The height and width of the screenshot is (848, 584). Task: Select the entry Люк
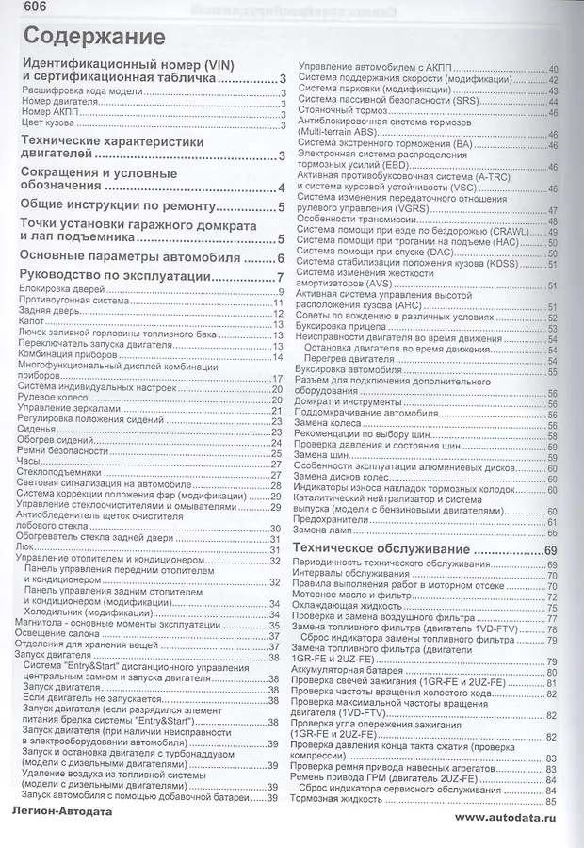(x=26, y=549)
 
